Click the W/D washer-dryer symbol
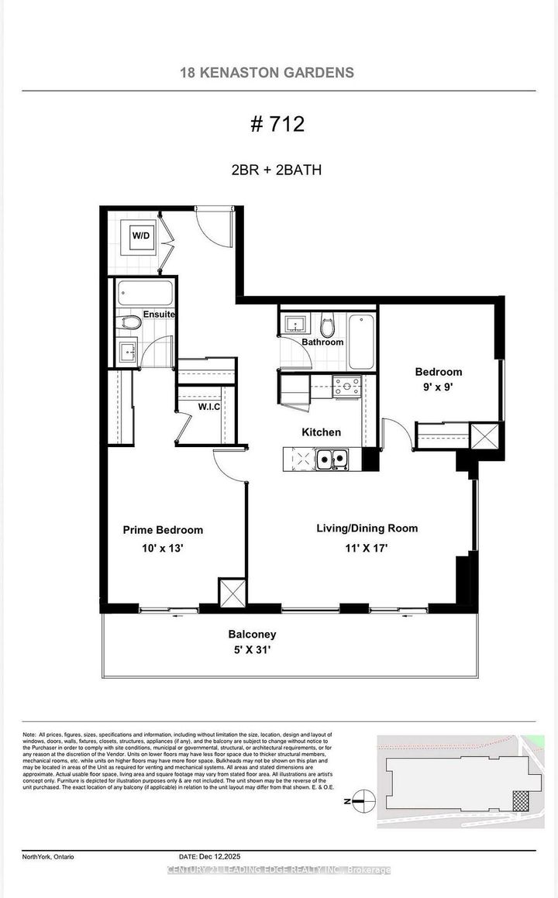click(140, 236)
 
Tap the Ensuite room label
click(158, 315)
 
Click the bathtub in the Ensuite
click(145, 293)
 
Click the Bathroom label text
click(322, 342)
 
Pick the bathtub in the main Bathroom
click(360, 341)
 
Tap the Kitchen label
click(322, 432)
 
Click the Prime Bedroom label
click(163, 530)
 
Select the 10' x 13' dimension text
click(162, 548)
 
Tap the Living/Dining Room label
click(367, 528)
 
